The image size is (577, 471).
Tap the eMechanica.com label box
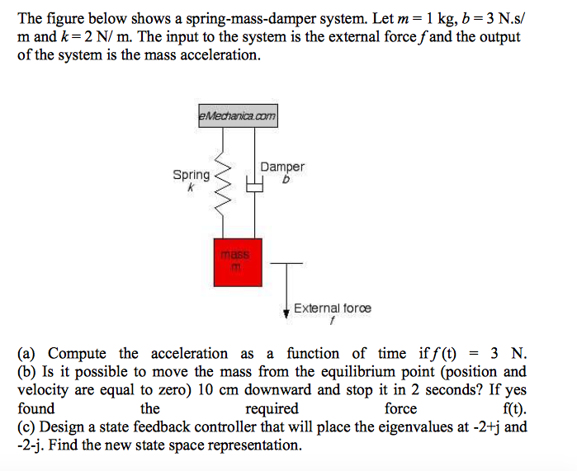coord(238,117)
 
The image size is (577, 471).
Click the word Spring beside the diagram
coord(191,175)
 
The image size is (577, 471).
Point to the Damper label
coord(282,167)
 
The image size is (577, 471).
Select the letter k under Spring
coord(190,187)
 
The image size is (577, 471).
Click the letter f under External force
coord(332,319)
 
